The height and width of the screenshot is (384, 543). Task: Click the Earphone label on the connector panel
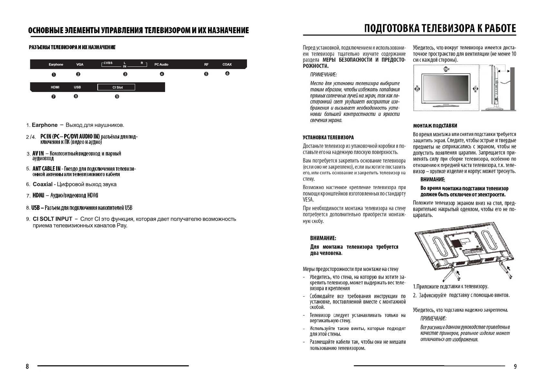pos(56,65)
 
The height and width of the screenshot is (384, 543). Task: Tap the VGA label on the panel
pos(80,65)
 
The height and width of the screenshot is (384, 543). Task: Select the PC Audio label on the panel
pos(161,65)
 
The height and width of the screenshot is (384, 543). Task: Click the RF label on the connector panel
pos(206,65)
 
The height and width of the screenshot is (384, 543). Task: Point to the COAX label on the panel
pos(227,65)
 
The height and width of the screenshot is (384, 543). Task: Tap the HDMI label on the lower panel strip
pos(55,87)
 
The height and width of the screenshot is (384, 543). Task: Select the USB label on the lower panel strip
pos(77,87)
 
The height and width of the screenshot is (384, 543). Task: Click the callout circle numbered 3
pos(125,74)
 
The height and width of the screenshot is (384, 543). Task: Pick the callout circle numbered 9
pos(117,96)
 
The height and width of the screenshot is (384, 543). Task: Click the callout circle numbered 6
pos(227,74)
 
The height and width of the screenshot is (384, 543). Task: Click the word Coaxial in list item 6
pos(43,184)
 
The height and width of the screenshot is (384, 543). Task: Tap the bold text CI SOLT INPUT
pos(52,219)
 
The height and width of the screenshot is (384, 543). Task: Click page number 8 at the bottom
pos(27,367)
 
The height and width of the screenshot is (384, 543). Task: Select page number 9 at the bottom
pos(515,367)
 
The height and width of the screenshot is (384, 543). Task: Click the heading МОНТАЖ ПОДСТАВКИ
pos(435,126)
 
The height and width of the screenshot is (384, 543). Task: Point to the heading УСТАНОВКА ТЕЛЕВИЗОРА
pos(328,138)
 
